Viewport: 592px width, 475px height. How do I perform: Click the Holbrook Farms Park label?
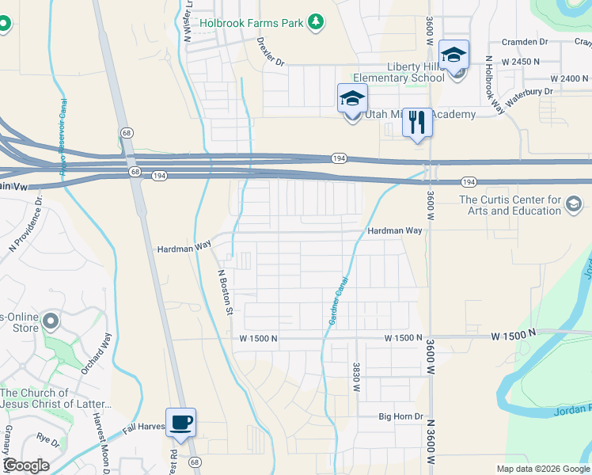pos(251,23)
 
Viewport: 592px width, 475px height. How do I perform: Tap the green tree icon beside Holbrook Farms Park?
pos(316,21)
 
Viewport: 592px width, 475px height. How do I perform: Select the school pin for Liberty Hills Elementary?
pos(454,55)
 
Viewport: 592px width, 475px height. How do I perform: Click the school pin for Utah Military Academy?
pos(352,99)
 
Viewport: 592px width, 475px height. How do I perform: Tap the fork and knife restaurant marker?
pos(417,123)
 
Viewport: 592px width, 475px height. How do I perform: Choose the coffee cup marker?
pos(180,423)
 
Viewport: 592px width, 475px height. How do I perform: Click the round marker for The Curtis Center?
pos(573,206)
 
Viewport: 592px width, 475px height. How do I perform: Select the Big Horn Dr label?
pos(401,416)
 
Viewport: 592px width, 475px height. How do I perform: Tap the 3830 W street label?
pos(356,377)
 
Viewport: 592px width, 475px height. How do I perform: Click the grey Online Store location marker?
pos(51,321)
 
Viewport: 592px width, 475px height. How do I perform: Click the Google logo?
pos(26,465)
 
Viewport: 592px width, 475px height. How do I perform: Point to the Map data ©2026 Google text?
pos(542,469)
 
